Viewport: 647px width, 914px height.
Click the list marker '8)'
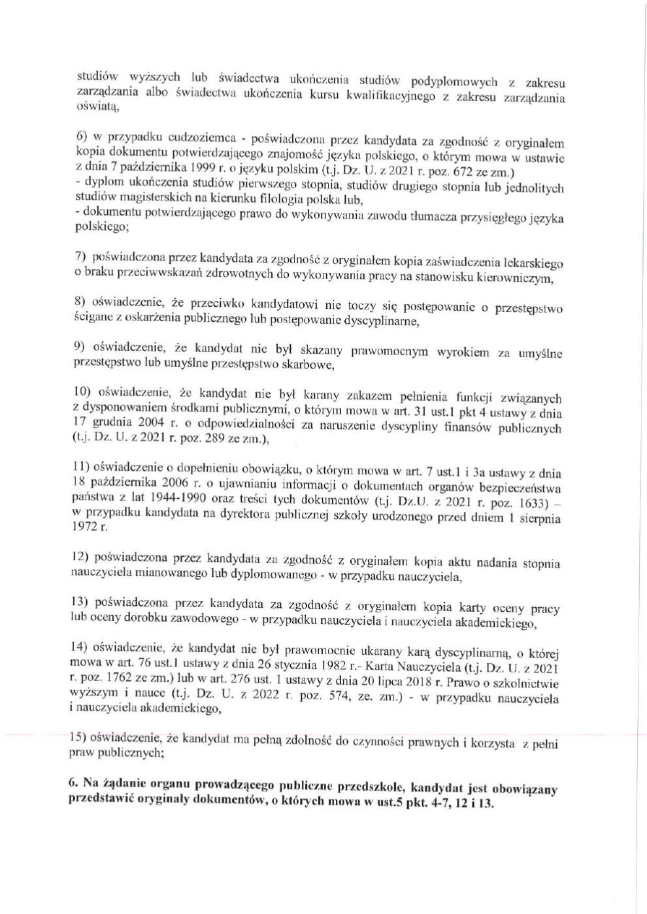point(80,302)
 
